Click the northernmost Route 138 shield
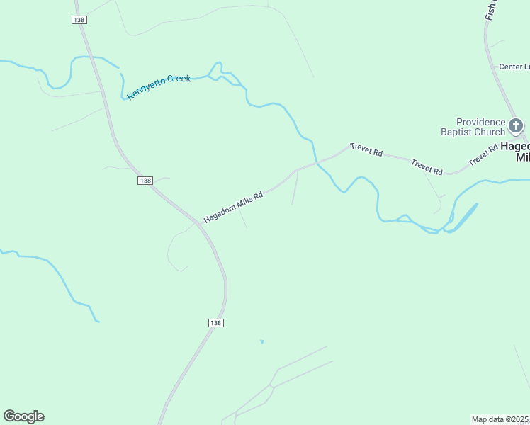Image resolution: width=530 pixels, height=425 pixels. point(79,20)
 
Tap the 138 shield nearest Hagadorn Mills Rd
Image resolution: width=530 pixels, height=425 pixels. point(145,181)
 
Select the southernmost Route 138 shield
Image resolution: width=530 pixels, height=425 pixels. point(216,322)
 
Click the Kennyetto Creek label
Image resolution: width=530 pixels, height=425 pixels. point(159,87)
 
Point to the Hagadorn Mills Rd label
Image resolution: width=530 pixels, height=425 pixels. point(233,206)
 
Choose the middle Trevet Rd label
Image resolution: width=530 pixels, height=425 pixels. point(427,166)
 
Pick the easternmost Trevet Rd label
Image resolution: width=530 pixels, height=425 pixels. point(484,157)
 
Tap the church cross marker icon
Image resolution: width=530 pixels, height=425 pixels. point(517,127)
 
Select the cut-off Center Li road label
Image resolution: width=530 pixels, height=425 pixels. point(514,67)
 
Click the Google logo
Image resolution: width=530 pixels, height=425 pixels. point(23,416)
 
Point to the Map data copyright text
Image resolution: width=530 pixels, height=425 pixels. point(500,419)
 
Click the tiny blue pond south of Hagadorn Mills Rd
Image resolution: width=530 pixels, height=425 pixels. point(262,342)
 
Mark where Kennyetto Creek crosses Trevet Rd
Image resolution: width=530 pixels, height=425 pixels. point(317,163)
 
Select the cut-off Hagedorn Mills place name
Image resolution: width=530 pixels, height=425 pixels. point(515,152)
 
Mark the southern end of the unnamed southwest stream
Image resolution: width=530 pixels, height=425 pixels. point(98,322)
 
